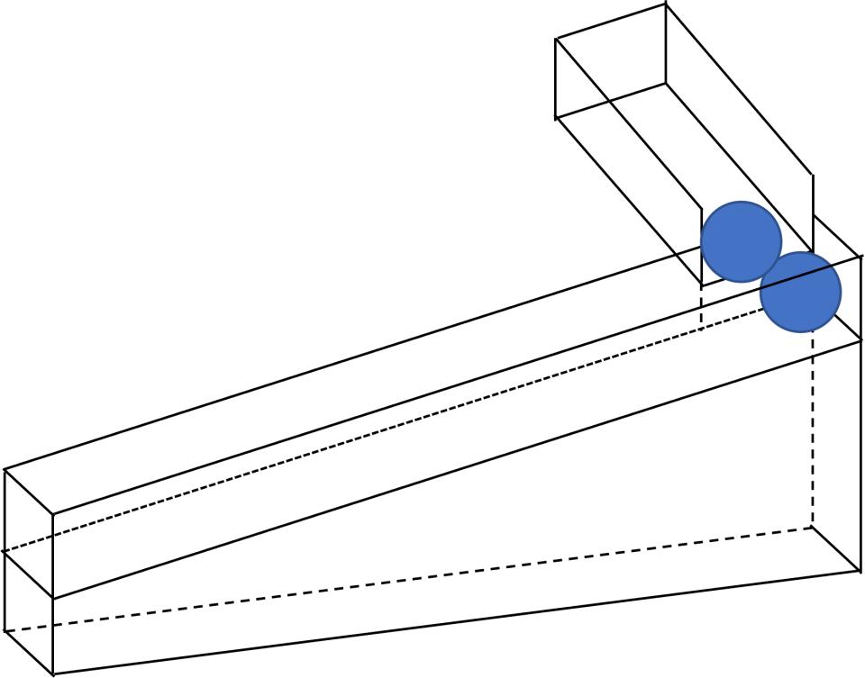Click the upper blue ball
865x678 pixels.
[741, 241]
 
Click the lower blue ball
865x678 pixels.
[800, 292]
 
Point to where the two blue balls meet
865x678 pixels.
[771, 267]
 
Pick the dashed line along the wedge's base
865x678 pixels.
[405, 578]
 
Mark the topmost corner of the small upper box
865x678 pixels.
[666, 5]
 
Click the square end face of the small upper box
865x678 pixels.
[611, 61]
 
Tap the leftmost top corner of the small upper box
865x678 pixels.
[556, 39]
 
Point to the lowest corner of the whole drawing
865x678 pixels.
[53, 673]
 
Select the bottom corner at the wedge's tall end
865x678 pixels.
[860, 572]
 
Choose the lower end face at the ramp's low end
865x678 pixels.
[28, 612]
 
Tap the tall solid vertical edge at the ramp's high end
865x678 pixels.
[861, 450]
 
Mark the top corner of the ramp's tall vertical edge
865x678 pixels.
[861, 257]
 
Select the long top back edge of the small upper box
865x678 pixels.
[739, 90]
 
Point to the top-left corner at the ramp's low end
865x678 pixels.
[5, 470]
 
